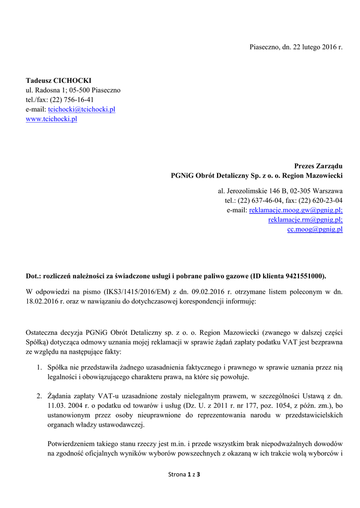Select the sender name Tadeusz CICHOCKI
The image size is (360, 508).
point(59,81)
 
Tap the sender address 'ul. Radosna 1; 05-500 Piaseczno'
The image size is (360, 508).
point(73,90)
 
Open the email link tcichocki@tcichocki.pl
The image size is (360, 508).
point(81,109)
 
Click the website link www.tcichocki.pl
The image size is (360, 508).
point(51,119)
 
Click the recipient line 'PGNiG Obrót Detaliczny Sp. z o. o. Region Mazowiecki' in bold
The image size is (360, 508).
point(257,176)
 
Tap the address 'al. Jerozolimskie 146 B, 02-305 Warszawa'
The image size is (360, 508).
point(281,191)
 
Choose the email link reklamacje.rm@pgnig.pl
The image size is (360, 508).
point(305,220)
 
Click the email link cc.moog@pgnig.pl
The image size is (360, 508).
point(315,229)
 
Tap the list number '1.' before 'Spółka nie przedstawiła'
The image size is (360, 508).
point(39,368)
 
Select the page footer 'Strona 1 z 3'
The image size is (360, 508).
point(184,475)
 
